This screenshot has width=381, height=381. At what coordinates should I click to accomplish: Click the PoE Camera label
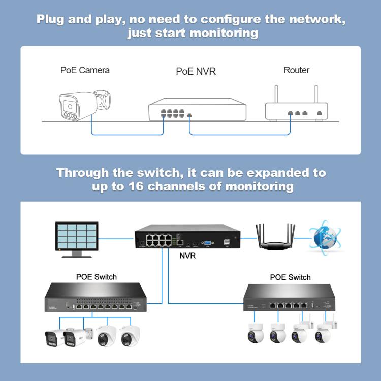pos(85,70)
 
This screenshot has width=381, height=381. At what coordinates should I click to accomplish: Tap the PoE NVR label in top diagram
pos(196,71)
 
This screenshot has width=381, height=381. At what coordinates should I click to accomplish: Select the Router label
pos(297,70)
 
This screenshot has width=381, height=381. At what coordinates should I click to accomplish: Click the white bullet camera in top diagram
pos(83,105)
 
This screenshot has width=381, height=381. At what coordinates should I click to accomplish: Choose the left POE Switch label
pos(96,277)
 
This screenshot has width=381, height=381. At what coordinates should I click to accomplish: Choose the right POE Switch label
pos(290,277)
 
